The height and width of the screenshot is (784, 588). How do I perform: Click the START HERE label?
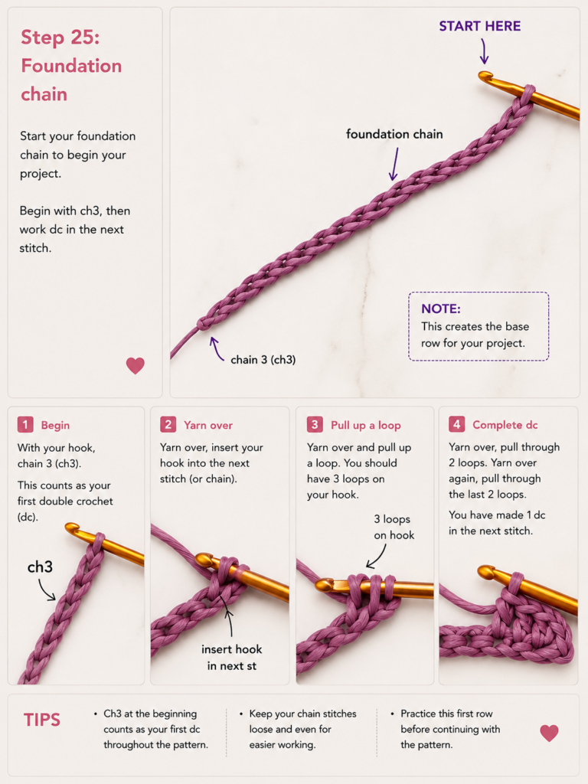tap(479, 26)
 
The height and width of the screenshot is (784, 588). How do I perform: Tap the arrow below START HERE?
tap(484, 51)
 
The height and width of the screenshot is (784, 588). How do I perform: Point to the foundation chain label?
tap(394, 134)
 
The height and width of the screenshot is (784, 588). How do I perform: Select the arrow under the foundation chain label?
tap(394, 164)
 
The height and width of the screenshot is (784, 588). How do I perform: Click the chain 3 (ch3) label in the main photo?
tap(263, 360)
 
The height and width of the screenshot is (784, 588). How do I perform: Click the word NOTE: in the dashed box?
tap(440, 309)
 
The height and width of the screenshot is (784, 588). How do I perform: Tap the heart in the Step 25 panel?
tap(135, 365)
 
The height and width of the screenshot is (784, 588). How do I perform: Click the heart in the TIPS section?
tap(549, 733)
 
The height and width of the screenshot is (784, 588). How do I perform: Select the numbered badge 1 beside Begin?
tap(25, 425)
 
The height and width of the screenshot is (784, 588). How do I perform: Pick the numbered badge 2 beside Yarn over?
tap(168, 425)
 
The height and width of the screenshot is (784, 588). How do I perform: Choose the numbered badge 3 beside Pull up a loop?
tap(315, 425)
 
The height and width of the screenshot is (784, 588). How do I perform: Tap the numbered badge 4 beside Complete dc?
tap(456, 424)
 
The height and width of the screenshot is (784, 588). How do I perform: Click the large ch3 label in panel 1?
tap(40, 567)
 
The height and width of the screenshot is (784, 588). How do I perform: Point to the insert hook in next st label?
tap(231, 657)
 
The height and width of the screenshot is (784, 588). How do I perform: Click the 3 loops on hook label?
tap(394, 527)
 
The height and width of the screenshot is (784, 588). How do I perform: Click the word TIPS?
tap(42, 720)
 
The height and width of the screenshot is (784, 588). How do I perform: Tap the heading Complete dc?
tap(505, 424)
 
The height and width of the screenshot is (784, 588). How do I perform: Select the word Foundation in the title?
tap(71, 66)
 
